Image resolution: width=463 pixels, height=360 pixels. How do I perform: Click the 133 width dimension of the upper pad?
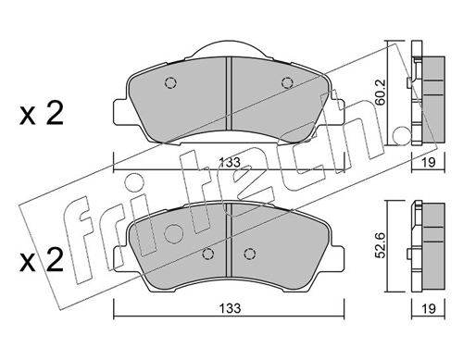point(230,163)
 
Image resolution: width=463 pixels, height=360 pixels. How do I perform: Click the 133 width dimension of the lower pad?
point(230,308)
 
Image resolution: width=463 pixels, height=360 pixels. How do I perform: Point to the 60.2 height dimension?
point(380,92)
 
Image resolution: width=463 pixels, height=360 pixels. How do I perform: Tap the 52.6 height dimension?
point(380,246)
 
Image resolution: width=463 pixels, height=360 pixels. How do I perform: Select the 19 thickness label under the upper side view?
point(429,163)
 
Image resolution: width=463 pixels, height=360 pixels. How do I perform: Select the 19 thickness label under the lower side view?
point(429,308)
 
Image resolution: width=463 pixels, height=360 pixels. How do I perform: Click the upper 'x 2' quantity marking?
point(42,113)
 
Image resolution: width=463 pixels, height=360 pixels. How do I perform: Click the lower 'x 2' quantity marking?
point(42,260)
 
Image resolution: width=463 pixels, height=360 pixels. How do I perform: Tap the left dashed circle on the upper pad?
point(170,82)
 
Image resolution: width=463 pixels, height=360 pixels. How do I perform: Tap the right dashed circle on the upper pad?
point(287,82)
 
